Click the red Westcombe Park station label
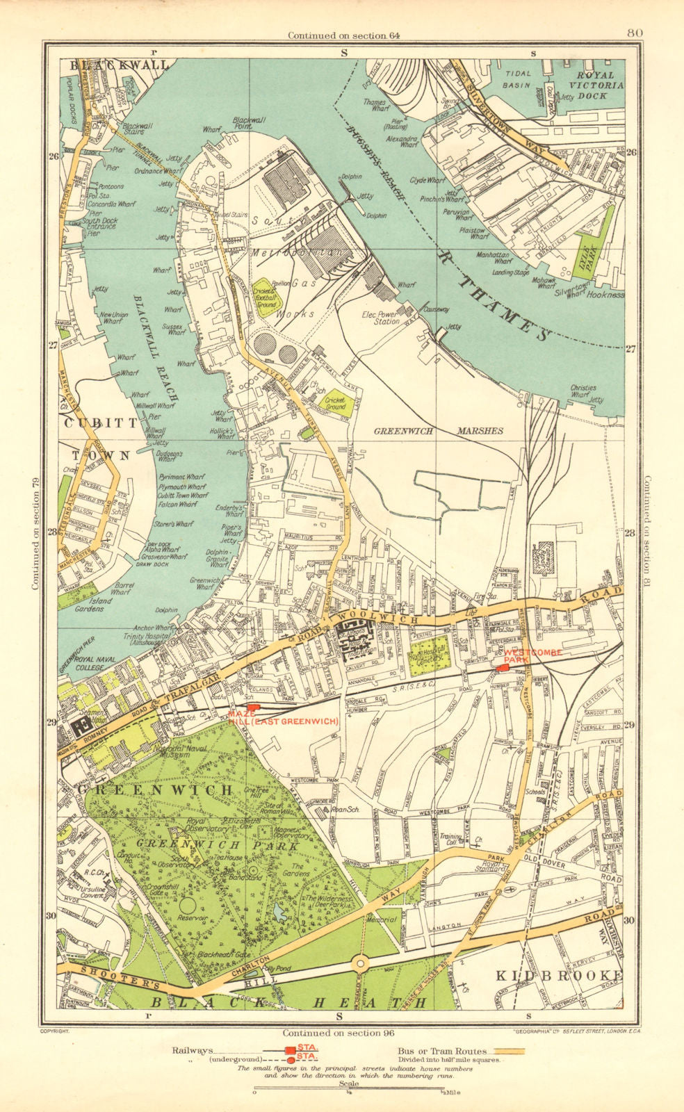point(533,656)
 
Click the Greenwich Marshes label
point(439,431)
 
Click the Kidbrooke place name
point(560,976)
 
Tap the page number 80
point(633,32)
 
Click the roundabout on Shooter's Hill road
point(360,964)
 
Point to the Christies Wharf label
point(584,391)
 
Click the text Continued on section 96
point(342,1033)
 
